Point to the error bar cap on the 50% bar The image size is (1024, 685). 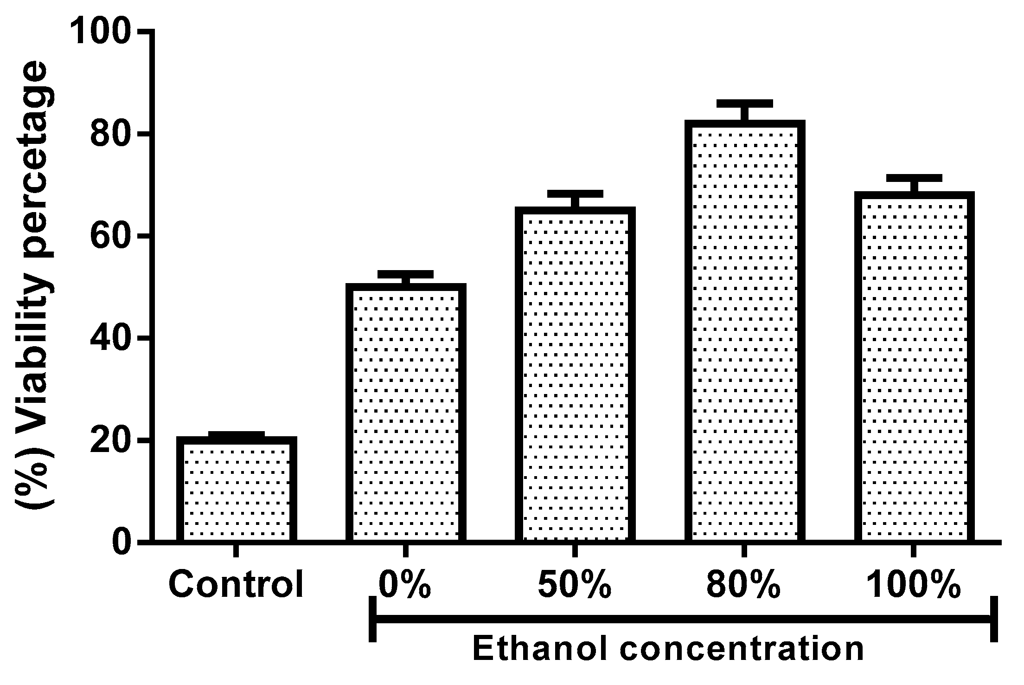click(x=575, y=194)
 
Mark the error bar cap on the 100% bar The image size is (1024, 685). click(x=914, y=178)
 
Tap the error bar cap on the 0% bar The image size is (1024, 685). click(x=406, y=274)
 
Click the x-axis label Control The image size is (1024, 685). click(x=236, y=585)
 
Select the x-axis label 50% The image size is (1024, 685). click(x=575, y=585)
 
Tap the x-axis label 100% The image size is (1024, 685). click(x=913, y=585)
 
